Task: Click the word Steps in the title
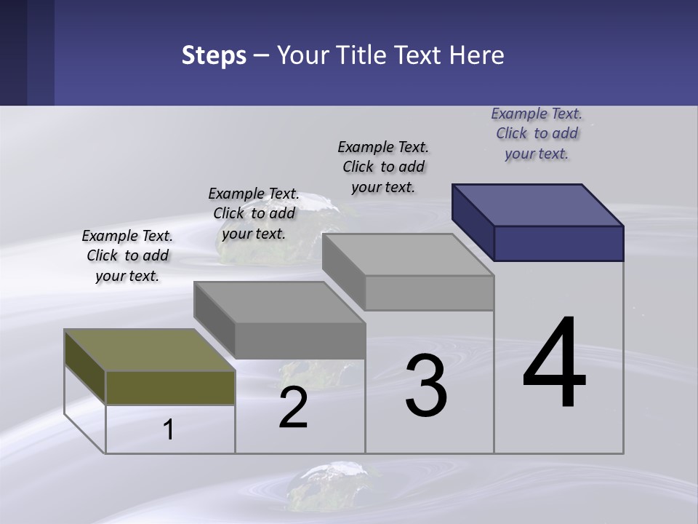[214, 55]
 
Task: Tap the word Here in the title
[476, 55]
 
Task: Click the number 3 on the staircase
[426, 386]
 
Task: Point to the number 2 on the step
[293, 408]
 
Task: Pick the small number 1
[169, 430]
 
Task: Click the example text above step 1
[127, 255]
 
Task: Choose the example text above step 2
[254, 213]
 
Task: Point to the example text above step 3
[383, 167]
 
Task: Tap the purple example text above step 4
[537, 133]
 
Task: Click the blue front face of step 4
[558, 243]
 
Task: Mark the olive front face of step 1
[170, 387]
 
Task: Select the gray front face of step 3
[429, 293]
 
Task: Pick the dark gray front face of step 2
[300, 341]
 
